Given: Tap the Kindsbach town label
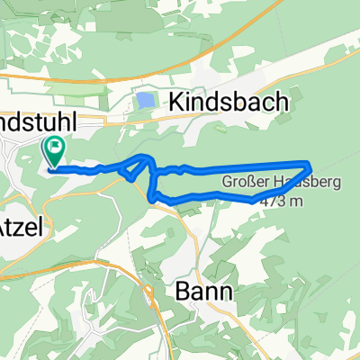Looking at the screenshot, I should pos(225,103).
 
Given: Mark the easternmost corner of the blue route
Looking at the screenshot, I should pos(310,164).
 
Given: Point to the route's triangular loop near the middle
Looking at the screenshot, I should pos(139,166).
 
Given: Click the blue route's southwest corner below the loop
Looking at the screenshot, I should pos(151,196).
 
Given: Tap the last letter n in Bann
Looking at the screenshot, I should pos(225,292).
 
